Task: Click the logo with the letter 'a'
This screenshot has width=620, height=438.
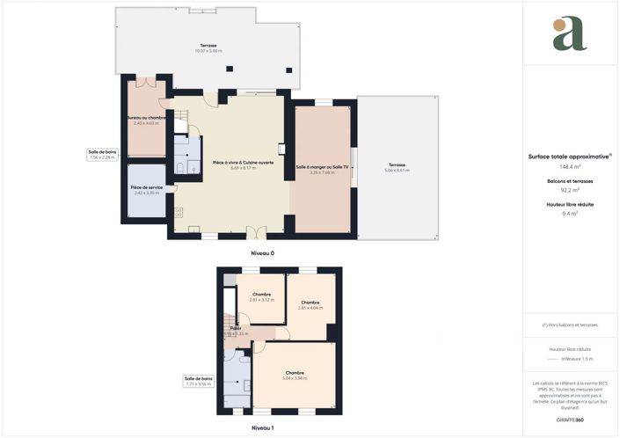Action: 570,33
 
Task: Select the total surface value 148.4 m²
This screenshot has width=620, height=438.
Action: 570,165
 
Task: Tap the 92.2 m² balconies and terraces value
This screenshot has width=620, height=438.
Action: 570,189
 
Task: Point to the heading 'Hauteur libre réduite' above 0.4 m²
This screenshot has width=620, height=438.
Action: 570,203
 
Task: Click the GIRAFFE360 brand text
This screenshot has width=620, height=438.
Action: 570,420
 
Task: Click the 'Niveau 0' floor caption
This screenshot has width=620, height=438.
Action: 262,253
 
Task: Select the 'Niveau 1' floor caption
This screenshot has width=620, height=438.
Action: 262,427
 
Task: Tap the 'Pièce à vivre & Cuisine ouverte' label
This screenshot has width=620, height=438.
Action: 244,164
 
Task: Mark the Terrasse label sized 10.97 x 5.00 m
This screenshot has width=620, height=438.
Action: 208,47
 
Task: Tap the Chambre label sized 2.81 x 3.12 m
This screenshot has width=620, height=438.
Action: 261,296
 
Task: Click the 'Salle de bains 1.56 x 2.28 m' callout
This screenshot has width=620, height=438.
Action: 102,154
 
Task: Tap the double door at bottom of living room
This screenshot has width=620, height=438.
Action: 256,233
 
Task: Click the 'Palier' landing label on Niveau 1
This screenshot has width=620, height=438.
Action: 236,330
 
